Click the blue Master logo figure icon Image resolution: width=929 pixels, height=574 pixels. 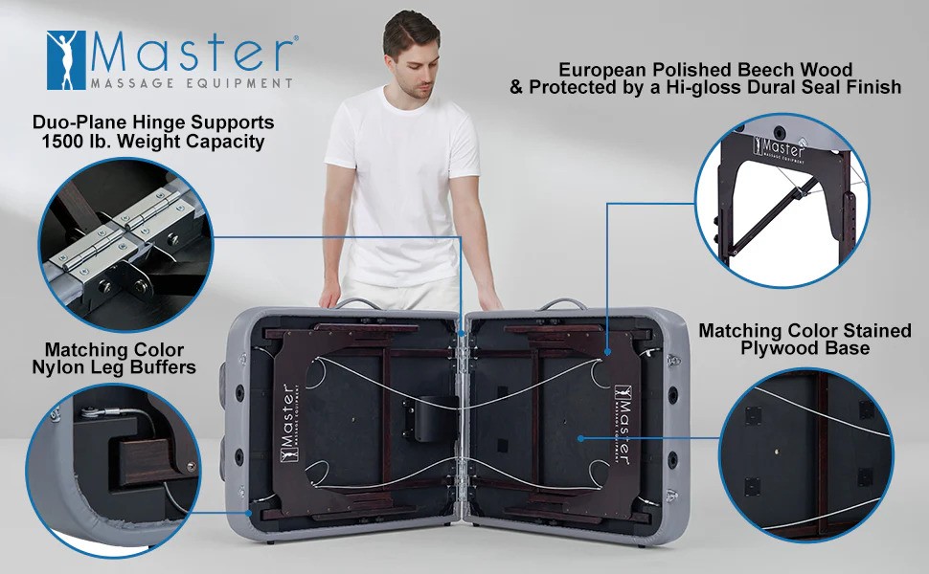(x=66, y=60)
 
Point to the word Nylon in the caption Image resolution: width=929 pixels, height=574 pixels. (x=54, y=367)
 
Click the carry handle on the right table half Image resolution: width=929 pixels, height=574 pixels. (x=562, y=304)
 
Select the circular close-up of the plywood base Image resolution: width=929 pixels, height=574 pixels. (x=806, y=455)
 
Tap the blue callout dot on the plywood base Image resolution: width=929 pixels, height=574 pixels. (x=581, y=438)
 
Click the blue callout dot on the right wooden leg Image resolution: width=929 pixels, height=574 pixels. (x=608, y=352)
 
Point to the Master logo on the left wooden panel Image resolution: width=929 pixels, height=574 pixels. (x=288, y=423)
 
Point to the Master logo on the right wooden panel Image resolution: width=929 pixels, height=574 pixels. (x=623, y=424)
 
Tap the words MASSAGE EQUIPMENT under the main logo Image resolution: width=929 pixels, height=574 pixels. (x=192, y=83)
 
